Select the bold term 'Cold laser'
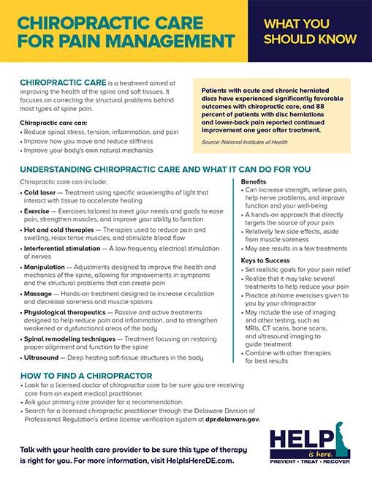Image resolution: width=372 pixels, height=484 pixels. pos(38,192)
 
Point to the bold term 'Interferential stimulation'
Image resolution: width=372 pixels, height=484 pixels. pos(65,249)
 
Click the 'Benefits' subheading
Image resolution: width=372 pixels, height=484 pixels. pos(254,181)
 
